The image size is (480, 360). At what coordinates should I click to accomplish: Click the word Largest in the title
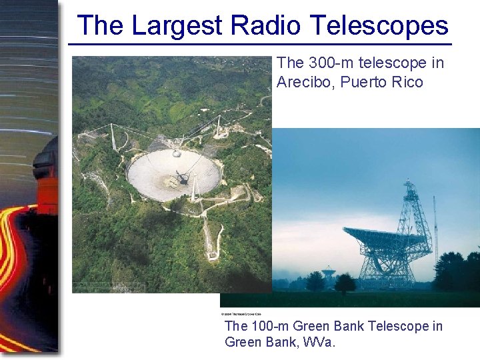[177, 25]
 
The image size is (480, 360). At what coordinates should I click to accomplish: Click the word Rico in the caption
[406, 82]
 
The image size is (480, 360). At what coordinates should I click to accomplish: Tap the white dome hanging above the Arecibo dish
[177, 153]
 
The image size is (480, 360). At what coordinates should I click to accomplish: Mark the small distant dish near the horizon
[329, 273]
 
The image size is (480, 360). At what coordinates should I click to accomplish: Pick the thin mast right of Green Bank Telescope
[435, 227]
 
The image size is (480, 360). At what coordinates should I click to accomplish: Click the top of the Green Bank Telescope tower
[408, 183]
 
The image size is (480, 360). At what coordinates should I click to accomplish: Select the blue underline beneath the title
[260, 45]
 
